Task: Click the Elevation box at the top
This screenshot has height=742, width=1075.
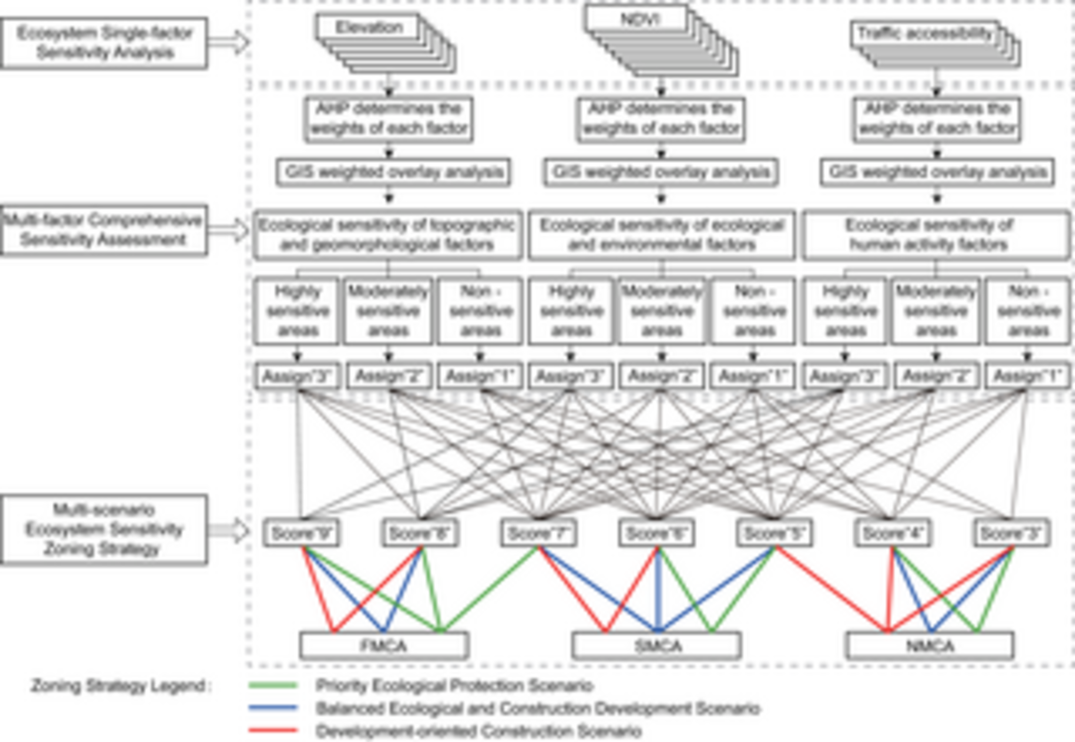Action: pyautogui.click(x=368, y=27)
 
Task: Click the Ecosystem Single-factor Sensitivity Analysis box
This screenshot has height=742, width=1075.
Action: pyautogui.click(x=104, y=43)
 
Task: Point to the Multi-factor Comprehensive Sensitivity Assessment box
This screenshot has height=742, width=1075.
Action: pyautogui.click(x=104, y=230)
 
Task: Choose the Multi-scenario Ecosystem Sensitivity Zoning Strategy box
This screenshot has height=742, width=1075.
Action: pyautogui.click(x=104, y=529)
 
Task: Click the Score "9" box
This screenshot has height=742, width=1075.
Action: pyautogui.click(x=301, y=533)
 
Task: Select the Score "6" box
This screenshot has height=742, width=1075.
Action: pyautogui.click(x=656, y=533)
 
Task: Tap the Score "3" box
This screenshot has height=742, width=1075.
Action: pyautogui.click(x=1012, y=533)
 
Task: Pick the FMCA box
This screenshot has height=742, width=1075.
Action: pyautogui.click(x=384, y=646)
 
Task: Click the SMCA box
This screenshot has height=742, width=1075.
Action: pyautogui.click(x=656, y=646)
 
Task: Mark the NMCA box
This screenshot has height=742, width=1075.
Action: pyautogui.click(x=930, y=646)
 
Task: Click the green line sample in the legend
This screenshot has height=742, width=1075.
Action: pyautogui.click(x=273, y=686)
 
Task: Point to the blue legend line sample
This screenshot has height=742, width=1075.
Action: pyautogui.click(x=273, y=708)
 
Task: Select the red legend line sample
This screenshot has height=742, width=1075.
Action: pyautogui.click(x=273, y=730)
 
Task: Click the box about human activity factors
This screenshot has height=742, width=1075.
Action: pyautogui.click(x=936, y=235)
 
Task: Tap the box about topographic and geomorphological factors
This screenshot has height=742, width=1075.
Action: pyautogui.click(x=387, y=235)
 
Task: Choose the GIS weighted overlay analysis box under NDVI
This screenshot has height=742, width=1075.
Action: pyautogui.click(x=661, y=172)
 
